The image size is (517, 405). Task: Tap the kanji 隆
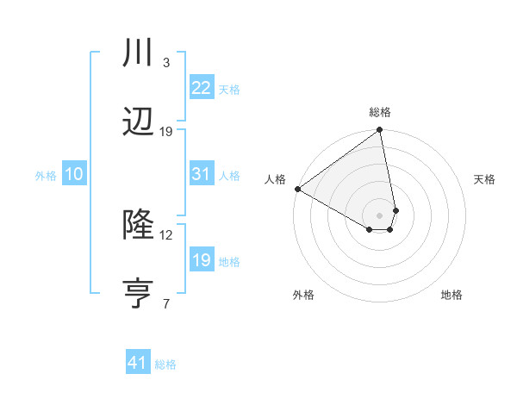139,226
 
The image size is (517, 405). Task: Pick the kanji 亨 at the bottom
139,294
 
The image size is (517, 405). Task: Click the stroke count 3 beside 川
165,63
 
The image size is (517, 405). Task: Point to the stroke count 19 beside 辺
166,132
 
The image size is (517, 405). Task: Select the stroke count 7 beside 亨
165,302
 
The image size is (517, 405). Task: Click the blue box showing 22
201,88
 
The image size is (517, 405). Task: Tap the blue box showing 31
201,174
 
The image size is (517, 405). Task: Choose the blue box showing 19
201,260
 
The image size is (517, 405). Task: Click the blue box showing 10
74,174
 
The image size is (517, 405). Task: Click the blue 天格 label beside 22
229,89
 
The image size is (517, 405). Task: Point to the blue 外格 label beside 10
46,175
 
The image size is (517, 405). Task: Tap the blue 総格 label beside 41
165,364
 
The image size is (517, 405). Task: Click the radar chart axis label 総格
380,112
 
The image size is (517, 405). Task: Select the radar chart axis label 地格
452,295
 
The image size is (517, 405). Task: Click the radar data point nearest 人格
297,189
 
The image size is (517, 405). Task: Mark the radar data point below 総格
380,131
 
